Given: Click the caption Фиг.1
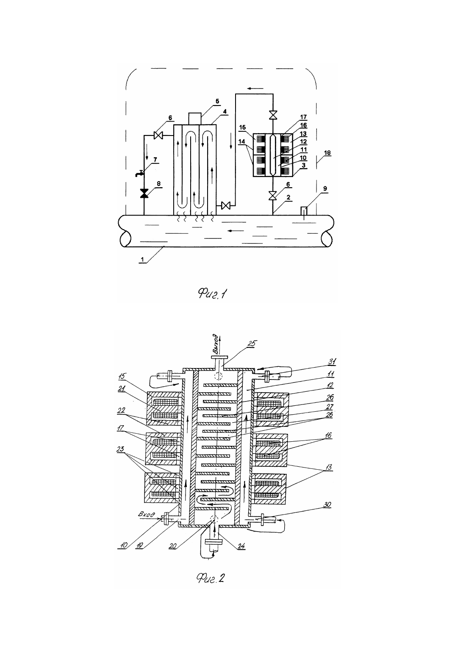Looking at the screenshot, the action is (x=213, y=294).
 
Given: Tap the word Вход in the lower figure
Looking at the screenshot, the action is (x=147, y=515).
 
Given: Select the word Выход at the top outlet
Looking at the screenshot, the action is (x=216, y=343).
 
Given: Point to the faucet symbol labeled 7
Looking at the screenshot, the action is (x=140, y=174).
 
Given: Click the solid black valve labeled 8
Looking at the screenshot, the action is (x=144, y=193).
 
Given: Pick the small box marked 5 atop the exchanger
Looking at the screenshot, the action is (x=195, y=119).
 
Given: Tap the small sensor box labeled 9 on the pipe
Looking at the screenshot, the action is (x=304, y=211).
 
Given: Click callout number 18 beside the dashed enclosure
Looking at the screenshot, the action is (x=327, y=153).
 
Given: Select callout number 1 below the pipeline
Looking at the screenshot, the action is (x=142, y=260).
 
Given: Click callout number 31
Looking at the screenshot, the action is (x=332, y=361).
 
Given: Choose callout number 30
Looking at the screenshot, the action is (x=327, y=504).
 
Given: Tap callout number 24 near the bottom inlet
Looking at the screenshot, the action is (x=241, y=546).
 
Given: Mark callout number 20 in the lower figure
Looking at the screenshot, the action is (x=173, y=546).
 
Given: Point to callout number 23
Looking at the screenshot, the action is (x=120, y=449).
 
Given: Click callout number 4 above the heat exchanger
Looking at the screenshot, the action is (x=225, y=111).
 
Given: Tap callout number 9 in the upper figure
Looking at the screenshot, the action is (x=325, y=188).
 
